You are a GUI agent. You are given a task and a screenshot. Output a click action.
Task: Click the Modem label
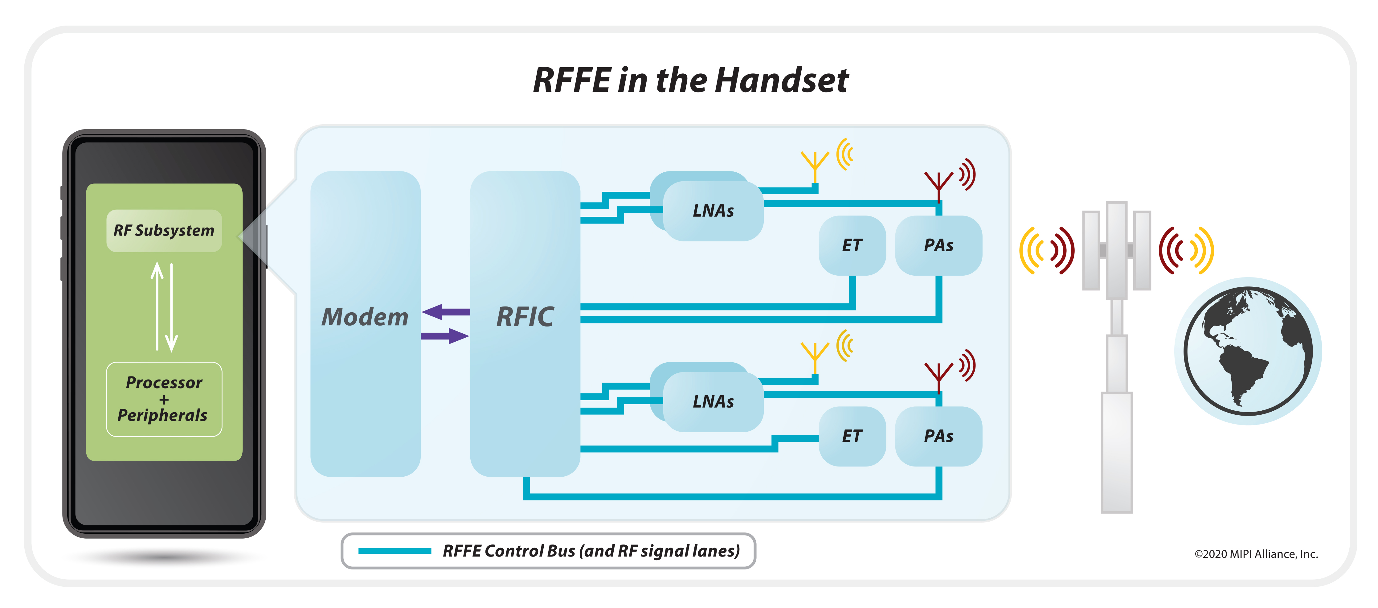pyautogui.click(x=365, y=317)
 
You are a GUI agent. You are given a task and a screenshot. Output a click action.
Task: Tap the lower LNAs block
pyautogui.click(x=713, y=401)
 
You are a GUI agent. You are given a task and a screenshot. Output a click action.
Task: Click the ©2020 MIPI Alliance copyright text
pyautogui.click(x=1256, y=554)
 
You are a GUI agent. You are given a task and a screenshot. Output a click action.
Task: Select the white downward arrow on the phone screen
pyautogui.click(x=171, y=308)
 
